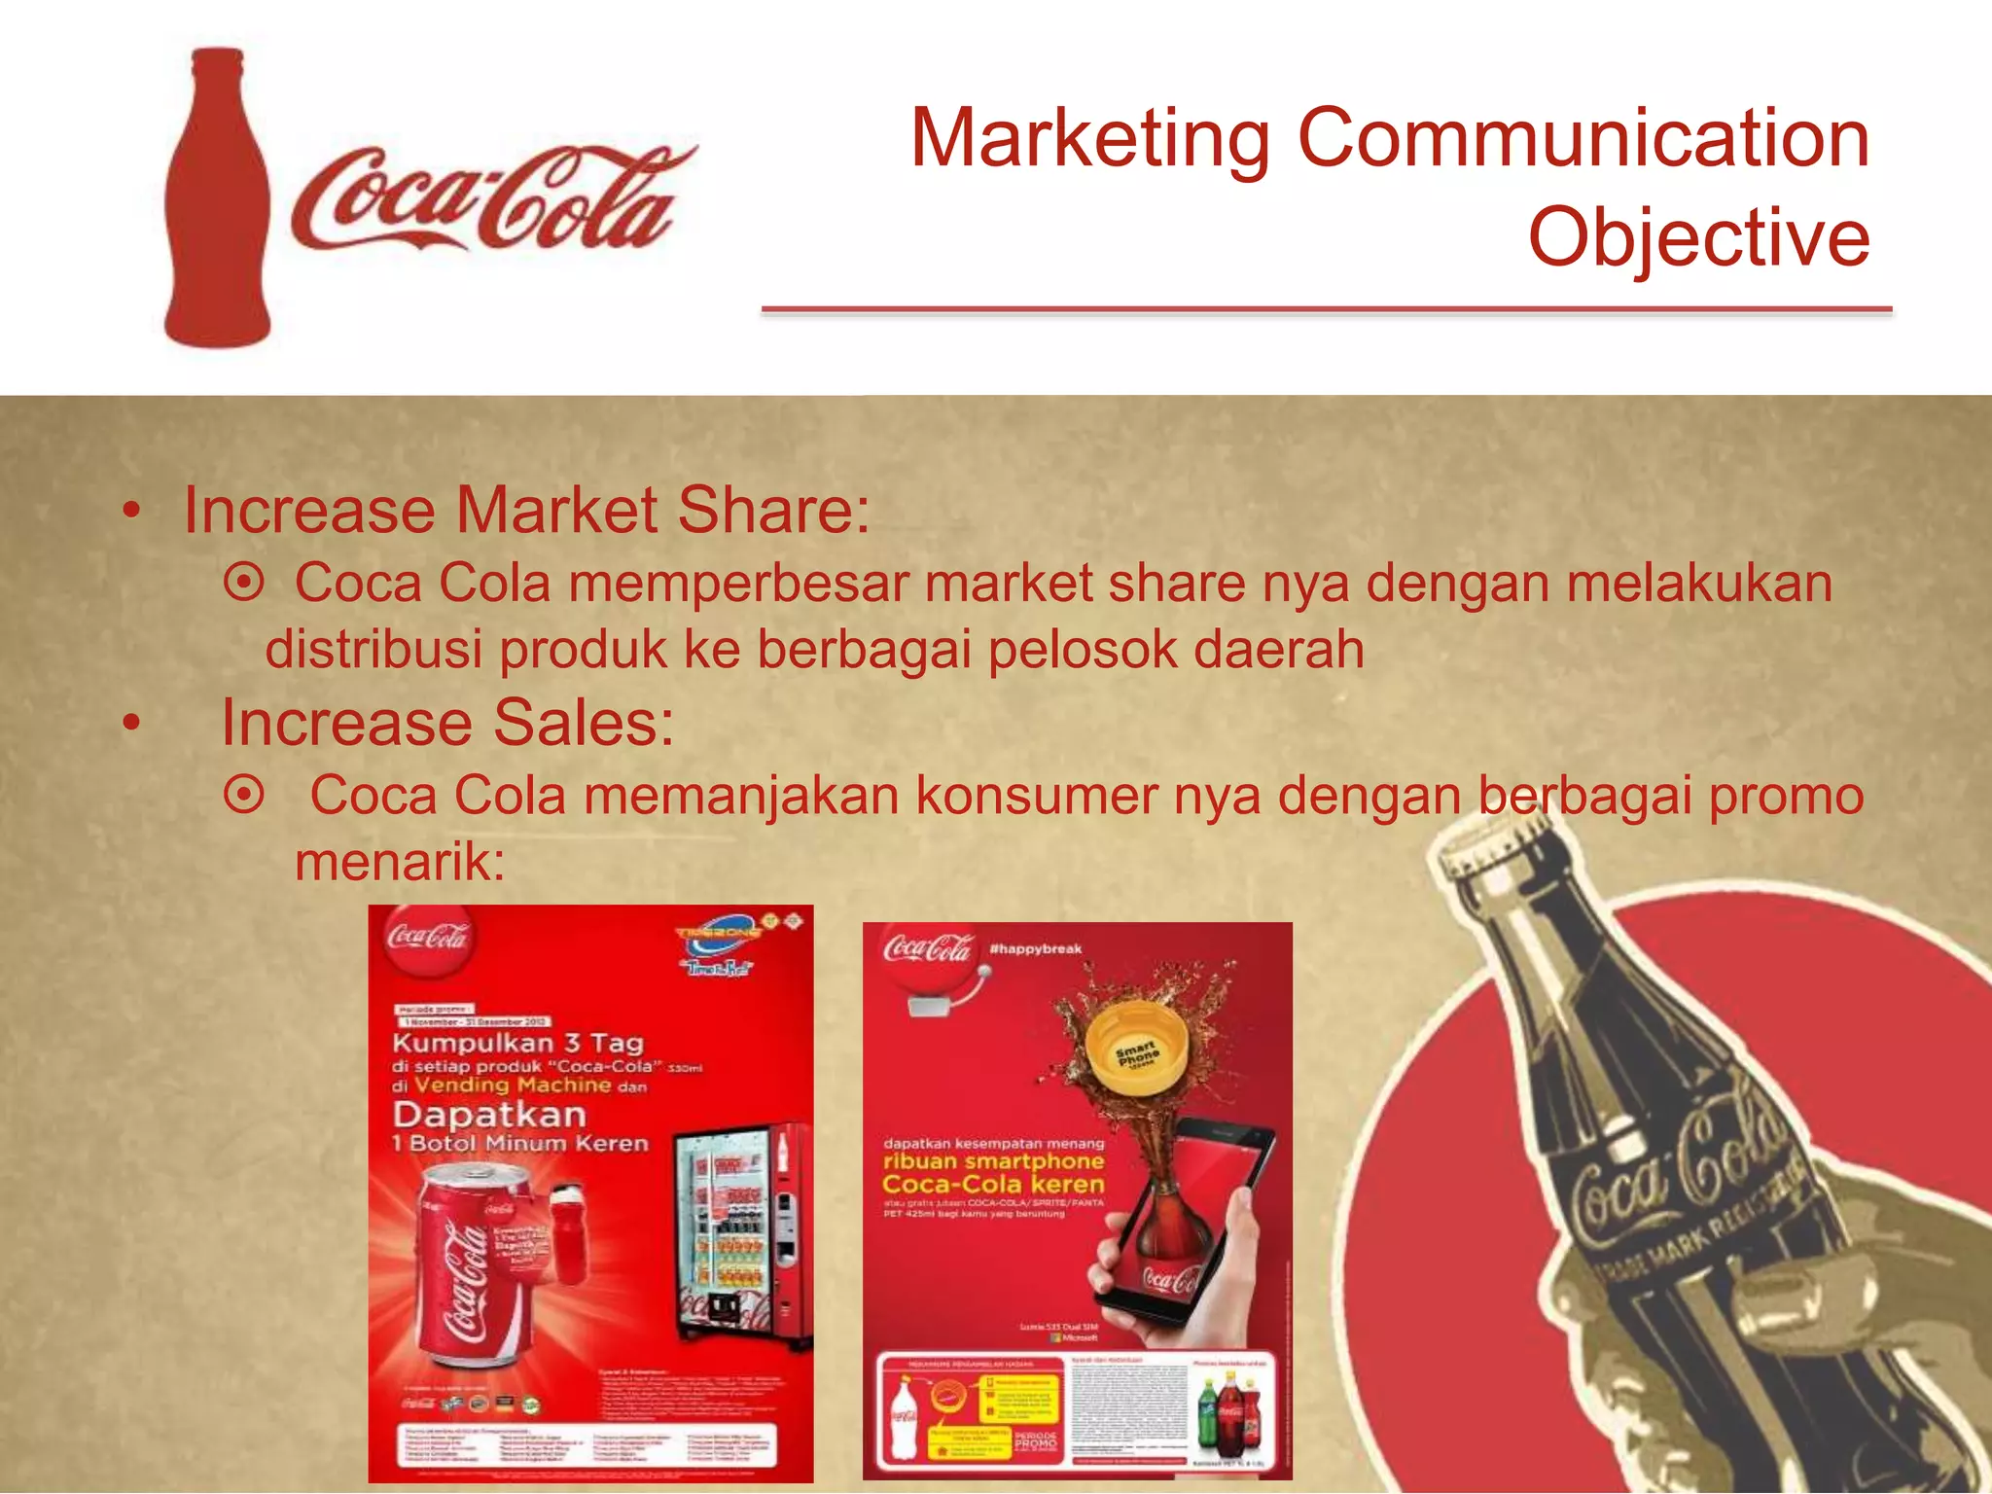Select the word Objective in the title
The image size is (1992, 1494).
tap(1698, 238)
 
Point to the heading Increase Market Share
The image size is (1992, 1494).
tap(526, 511)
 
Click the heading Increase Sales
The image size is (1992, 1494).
tap(447, 724)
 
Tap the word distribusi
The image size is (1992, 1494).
tap(373, 650)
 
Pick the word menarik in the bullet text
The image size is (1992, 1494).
tap(400, 862)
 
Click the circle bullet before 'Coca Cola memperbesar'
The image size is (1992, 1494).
tap(243, 584)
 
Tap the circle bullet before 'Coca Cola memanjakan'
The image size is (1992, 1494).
tap(243, 796)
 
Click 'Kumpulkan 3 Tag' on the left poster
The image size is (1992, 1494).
tap(517, 1044)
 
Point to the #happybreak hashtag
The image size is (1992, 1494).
tap(1035, 948)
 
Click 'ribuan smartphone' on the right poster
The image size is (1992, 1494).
tap(993, 1161)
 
